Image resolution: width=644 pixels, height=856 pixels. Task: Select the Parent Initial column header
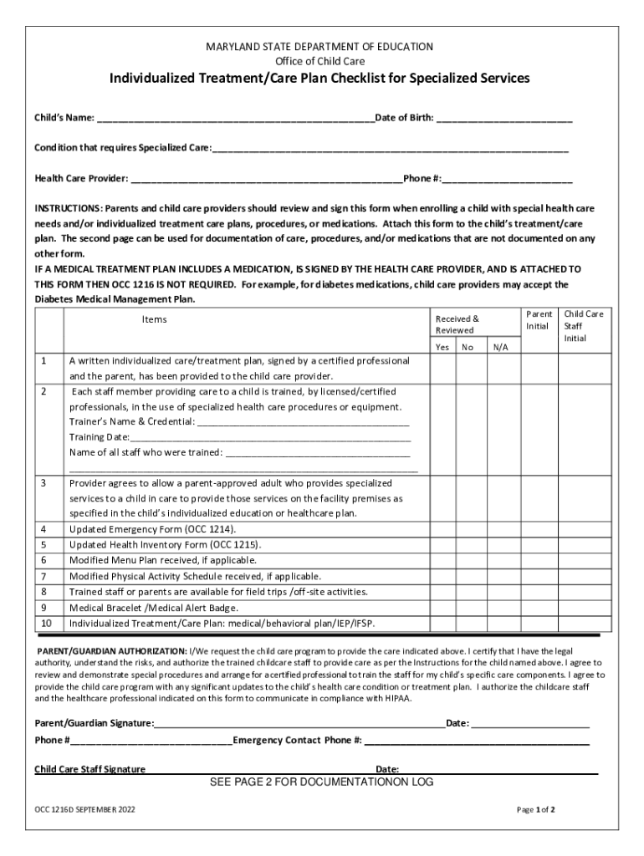538,319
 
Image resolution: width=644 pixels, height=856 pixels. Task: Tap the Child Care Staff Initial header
583,326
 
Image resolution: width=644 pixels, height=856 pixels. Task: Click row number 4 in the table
43,529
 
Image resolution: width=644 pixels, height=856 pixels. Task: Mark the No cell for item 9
469,608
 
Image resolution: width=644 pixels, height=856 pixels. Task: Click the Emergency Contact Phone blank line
477,741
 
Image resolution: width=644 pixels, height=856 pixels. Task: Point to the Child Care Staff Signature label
89,769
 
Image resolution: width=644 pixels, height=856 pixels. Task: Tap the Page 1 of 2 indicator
536,810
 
